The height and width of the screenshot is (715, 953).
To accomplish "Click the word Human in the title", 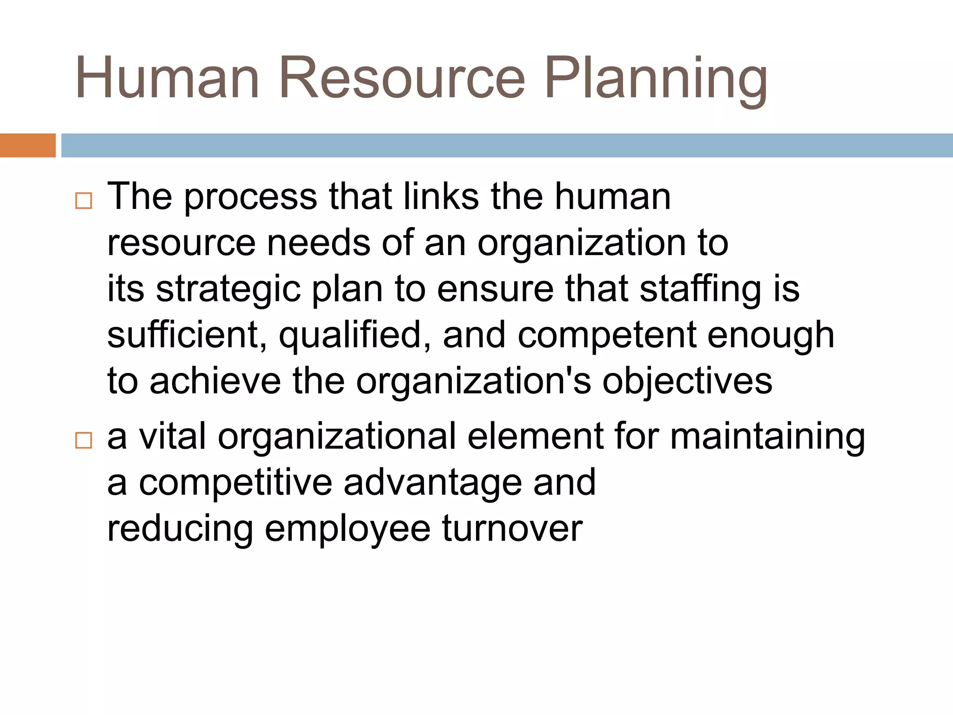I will coord(167,78).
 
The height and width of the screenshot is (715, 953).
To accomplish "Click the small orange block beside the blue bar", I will coord(27,146).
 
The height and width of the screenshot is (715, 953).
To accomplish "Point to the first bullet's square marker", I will coord(83,201).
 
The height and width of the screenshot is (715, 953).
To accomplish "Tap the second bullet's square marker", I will coord(83,440).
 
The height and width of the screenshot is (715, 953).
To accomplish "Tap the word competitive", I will coord(235,483).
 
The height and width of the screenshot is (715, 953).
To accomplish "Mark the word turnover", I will coord(512,529).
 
